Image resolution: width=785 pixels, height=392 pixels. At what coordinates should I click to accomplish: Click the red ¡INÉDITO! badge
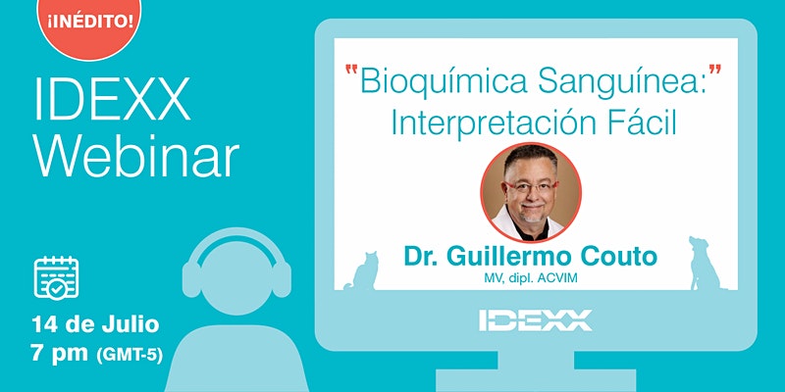coord(89,23)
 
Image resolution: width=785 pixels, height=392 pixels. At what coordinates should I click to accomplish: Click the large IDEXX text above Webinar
coord(112,99)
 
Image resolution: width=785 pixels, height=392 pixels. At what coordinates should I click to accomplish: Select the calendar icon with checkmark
coord(56,277)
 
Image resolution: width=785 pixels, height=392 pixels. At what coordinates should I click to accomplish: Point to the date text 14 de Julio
coord(95,324)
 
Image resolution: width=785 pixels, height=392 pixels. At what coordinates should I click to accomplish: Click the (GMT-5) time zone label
coord(130,355)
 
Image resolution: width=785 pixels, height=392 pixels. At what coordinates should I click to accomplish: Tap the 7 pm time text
coord(59,354)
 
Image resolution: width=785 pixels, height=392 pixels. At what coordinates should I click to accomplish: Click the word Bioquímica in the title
coord(444,81)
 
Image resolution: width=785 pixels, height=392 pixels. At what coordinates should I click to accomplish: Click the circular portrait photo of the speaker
coord(531,192)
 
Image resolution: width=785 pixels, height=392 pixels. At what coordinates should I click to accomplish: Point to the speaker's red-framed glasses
coord(532,187)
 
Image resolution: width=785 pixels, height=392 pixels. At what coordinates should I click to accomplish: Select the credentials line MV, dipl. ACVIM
coord(531,278)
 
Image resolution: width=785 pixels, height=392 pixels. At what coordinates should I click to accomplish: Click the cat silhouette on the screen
coord(363,271)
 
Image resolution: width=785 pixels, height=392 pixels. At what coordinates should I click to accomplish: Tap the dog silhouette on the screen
coord(704,264)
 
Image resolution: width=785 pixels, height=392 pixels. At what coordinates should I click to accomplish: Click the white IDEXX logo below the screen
coord(535,320)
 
